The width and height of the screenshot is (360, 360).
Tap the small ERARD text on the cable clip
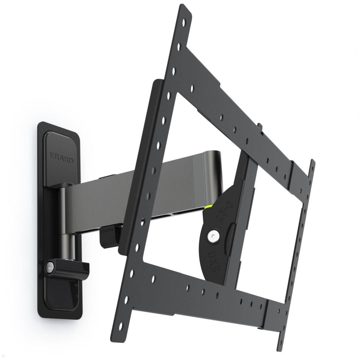coord(107,230)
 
